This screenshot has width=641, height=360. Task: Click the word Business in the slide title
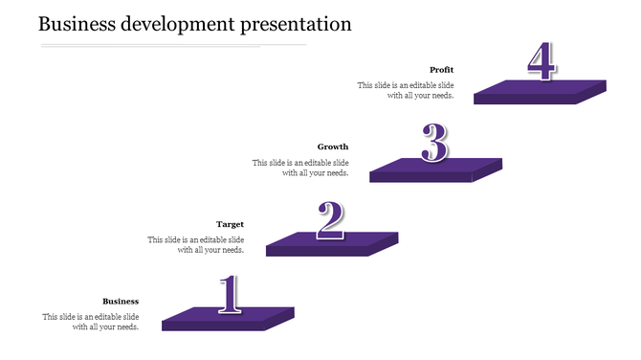click(x=77, y=24)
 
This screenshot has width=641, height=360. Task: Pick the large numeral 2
click(x=331, y=220)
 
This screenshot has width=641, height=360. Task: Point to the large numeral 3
click(x=435, y=145)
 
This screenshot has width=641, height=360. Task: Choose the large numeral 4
click(x=541, y=62)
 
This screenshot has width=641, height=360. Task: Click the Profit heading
click(x=441, y=70)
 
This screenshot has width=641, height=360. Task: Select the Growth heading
click(x=333, y=147)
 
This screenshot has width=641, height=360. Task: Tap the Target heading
click(x=230, y=225)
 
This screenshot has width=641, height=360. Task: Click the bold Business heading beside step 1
click(x=121, y=302)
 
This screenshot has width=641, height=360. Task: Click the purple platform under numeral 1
click(x=228, y=319)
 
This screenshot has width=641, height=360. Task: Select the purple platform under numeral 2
click(x=331, y=243)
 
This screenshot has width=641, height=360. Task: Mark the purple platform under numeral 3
click(x=435, y=169)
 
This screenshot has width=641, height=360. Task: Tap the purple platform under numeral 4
click(x=541, y=91)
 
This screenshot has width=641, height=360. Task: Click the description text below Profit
click(x=406, y=90)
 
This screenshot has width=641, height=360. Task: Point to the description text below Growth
click(x=300, y=168)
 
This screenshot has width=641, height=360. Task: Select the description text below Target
click(x=196, y=245)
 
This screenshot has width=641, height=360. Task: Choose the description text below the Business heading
click(x=91, y=322)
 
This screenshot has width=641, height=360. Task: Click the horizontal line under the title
click(x=172, y=45)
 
